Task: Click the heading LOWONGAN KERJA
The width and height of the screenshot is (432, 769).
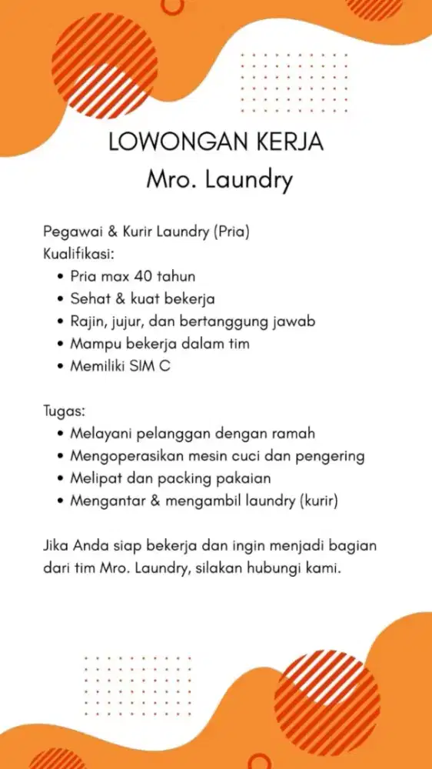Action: [216, 143]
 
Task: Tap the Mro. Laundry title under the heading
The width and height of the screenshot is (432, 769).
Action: [220, 181]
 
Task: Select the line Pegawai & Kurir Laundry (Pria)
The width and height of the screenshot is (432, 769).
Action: [147, 231]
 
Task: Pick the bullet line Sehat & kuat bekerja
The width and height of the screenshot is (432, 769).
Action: [142, 298]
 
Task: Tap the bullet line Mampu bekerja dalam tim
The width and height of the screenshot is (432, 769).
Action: [159, 343]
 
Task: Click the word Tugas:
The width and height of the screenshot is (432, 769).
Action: [63, 411]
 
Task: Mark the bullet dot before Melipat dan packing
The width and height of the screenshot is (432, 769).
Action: [60, 479]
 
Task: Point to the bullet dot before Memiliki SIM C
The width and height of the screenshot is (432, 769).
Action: [60, 367]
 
